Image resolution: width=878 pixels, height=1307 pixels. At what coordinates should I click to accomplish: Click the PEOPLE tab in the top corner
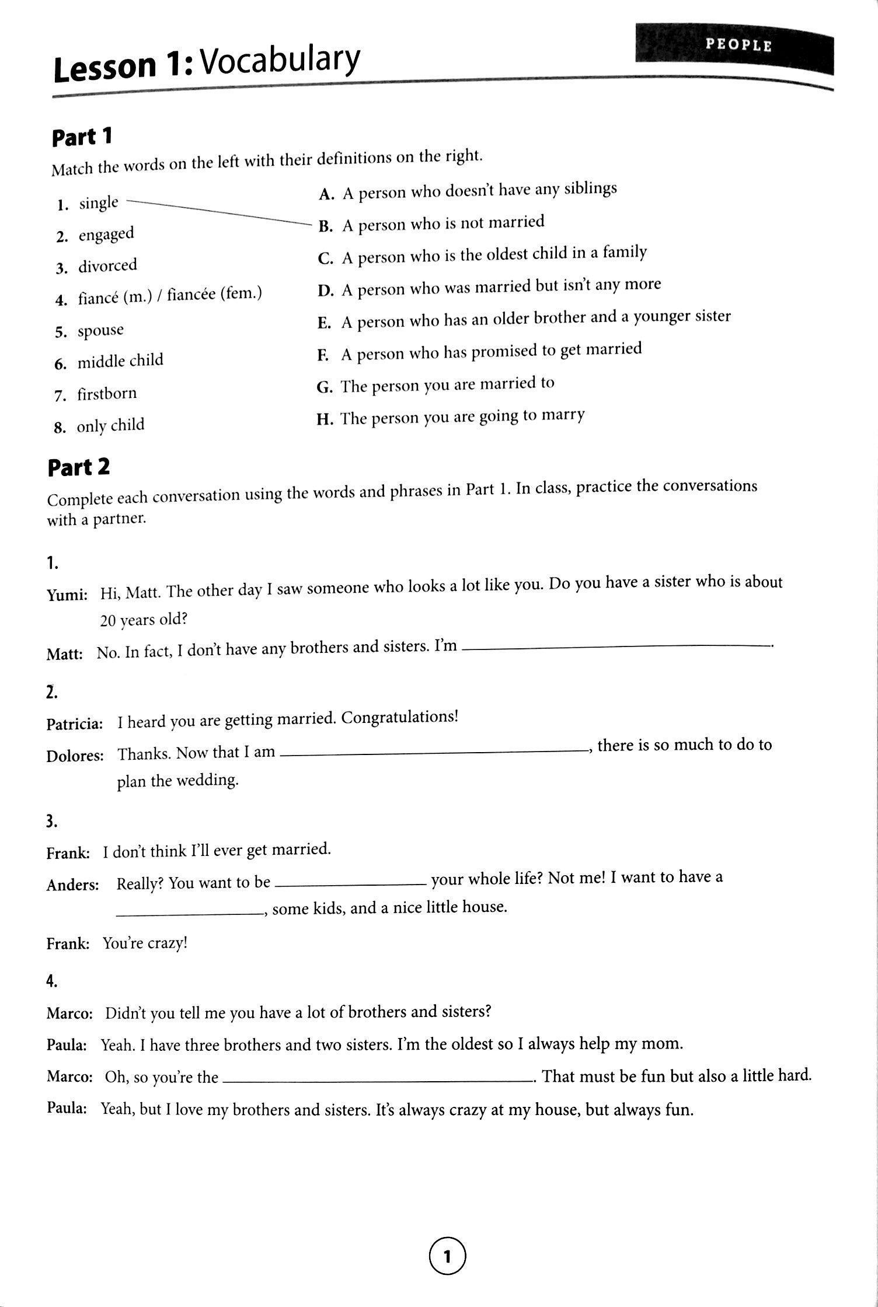coord(737,45)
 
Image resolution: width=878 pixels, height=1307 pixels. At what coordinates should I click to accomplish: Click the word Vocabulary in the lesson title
coord(279,62)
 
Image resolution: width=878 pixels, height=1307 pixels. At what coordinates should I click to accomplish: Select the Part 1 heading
coord(81,138)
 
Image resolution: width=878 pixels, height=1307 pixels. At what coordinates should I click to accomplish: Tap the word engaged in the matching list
coord(106,235)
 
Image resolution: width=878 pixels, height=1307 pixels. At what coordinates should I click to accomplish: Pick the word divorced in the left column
coord(108,266)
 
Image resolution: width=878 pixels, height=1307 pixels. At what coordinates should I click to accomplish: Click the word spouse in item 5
coord(100,331)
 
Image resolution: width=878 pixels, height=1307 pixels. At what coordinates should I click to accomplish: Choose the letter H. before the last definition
coord(325,419)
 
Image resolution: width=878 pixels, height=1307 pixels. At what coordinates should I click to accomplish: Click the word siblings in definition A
coord(590,189)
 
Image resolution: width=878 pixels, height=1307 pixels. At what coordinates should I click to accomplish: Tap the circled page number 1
coord(448,1256)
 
